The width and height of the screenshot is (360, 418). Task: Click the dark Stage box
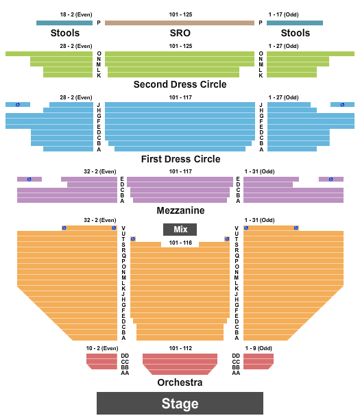coord(180,403)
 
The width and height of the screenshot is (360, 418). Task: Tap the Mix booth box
coord(180,230)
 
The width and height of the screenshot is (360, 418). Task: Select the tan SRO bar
coord(180,23)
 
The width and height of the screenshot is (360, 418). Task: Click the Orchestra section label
coord(180,382)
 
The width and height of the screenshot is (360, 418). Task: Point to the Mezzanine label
coord(180,210)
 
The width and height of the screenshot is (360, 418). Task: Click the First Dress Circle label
coord(180,159)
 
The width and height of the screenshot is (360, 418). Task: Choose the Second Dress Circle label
coord(180,84)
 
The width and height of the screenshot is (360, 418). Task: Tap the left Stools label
coord(65,33)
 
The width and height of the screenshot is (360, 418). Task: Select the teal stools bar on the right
coord(295,23)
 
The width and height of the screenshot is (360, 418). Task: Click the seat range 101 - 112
coord(180,348)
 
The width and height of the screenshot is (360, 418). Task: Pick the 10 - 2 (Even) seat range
coord(102,348)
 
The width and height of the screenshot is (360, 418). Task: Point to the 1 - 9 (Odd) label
coord(259,348)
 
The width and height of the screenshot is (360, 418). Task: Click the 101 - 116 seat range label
coord(180,243)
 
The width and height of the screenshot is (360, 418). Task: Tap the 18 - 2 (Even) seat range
coord(76,14)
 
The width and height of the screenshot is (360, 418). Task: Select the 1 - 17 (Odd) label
coord(283,14)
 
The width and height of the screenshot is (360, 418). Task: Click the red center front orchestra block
coord(180,364)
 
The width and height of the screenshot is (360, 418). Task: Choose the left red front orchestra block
coord(102,361)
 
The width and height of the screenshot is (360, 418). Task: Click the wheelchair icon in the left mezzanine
coord(29,179)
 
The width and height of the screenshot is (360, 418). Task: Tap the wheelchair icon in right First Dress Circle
coord(342,105)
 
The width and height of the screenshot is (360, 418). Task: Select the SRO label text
coord(180,33)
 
